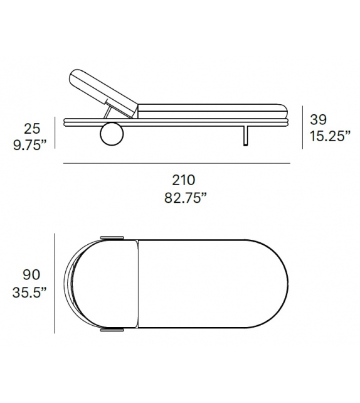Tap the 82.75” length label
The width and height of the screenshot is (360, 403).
tap(181, 198)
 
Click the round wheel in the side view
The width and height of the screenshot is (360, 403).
tap(111, 134)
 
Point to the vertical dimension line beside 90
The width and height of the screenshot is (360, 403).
tap(55, 284)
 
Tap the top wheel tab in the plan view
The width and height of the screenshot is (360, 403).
tap(111, 238)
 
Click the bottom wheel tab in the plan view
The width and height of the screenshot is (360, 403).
tap(111, 328)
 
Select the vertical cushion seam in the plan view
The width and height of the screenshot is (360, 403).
tap(137, 284)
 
